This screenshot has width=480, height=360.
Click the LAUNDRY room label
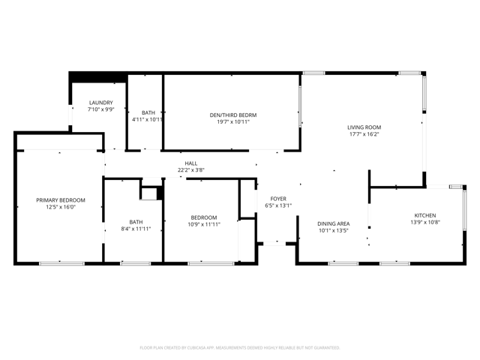tap(100, 103)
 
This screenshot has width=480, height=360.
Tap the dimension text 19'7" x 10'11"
tap(233, 121)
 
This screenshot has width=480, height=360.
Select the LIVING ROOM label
tap(364, 127)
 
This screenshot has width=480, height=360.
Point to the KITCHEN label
tap(425, 215)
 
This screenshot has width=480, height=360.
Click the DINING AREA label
tap(333, 223)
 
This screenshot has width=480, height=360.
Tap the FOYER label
tap(278, 199)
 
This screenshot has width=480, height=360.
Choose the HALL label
tap(191, 163)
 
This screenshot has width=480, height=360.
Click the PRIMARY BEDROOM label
tap(61, 200)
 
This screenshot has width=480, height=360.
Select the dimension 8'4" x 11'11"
tap(136, 229)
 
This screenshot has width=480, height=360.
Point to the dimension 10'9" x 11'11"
tap(204, 224)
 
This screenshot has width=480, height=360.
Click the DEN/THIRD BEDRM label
tap(233, 115)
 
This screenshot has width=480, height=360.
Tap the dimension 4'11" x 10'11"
tap(148, 119)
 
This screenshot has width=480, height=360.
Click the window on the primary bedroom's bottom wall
tap(61, 263)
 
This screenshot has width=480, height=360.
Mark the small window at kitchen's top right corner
tap(455, 187)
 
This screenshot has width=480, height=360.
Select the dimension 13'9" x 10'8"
tap(425, 222)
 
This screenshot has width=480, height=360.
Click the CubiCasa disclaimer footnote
tap(240, 348)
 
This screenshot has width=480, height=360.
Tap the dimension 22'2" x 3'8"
tap(191, 170)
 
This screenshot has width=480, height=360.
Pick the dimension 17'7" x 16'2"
tap(364, 134)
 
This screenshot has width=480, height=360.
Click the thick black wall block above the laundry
tap(97, 77)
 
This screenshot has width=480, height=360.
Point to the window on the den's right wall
tap(300, 106)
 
